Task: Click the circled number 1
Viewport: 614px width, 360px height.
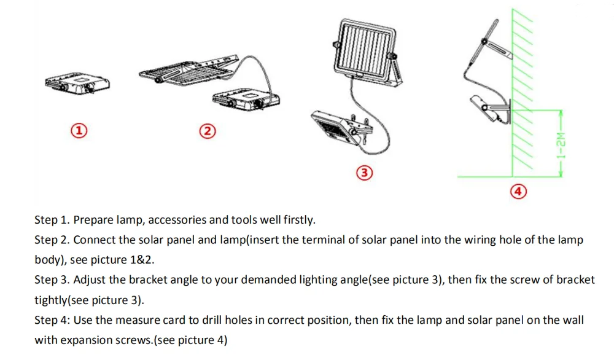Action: pos(79,130)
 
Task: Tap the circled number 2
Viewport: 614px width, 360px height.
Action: pos(208,131)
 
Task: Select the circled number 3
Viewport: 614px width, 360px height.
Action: pos(364,173)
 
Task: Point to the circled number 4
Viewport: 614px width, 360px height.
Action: pos(518,192)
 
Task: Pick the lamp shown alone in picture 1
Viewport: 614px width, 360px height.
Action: pos(77,83)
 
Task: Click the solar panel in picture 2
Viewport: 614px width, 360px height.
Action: pos(188,71)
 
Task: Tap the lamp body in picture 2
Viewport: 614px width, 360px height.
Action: pos(246,100)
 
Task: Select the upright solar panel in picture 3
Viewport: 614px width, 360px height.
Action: pos(367,52)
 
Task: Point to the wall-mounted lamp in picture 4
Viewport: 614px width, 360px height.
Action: pos(490,109)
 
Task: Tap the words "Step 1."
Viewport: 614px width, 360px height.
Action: pos(52,220)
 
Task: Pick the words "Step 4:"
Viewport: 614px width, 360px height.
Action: pos(52,320)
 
